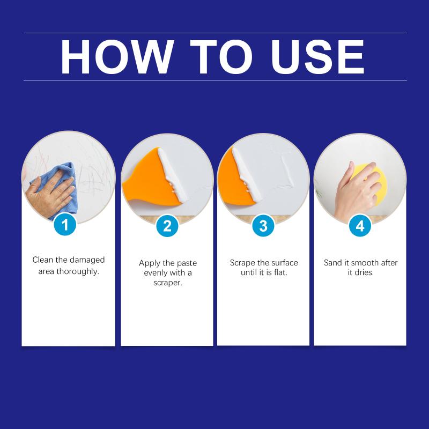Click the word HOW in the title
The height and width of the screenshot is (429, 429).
pos(117,57)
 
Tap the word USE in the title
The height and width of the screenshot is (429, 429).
pos(317,57)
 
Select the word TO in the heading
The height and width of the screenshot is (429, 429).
pos(221,57)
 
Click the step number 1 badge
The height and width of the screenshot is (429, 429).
pos(65,225)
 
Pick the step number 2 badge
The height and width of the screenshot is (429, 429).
pos(167,226)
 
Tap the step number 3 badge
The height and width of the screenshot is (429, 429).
pos(263,226)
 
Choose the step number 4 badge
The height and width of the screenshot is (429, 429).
pos(360,226)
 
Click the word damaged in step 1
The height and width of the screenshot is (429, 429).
pos(86,260)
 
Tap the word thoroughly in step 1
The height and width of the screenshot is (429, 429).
pos(78,272)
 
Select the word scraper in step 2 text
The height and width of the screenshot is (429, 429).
pos(168,283)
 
